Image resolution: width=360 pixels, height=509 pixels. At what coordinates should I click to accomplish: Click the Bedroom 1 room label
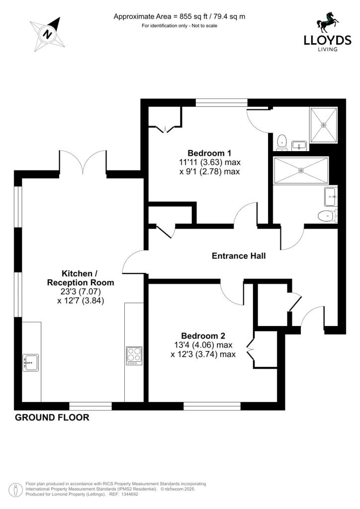coord(209,153)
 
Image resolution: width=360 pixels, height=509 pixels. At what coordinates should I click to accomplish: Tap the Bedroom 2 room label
coord(203,336)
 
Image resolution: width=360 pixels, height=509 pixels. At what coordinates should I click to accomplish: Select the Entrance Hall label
coord(239,256)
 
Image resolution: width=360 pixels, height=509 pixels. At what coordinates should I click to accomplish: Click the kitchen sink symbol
coord(30,362)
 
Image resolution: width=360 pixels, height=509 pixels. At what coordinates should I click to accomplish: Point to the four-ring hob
coord(134,356)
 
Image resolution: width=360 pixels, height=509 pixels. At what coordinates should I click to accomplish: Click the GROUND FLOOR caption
coord(52,418)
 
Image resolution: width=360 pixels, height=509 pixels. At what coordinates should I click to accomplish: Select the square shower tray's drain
coord(323,124)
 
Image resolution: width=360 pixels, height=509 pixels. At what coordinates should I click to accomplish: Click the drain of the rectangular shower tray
coord(301,170)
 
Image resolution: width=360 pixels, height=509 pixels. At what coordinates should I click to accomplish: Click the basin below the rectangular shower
coord(331,196)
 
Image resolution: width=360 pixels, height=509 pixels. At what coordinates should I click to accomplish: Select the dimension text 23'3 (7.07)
coord(81,291)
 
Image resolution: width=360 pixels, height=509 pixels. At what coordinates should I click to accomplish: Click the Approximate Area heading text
coord(179,16)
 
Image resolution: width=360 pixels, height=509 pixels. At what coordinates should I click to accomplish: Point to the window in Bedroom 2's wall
coord(212,406)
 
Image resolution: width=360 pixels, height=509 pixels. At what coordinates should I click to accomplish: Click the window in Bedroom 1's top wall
coord(222,102)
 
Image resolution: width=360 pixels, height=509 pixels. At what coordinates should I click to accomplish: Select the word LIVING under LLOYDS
coord(327,49)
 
